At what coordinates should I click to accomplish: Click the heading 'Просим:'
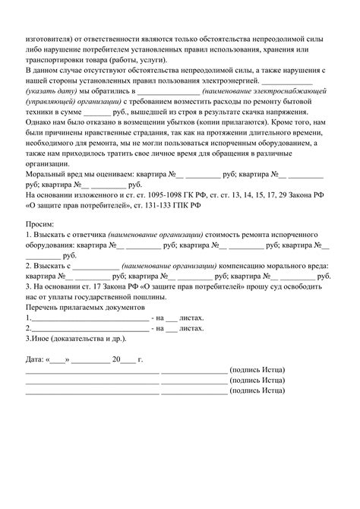click(x=40, y=241)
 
